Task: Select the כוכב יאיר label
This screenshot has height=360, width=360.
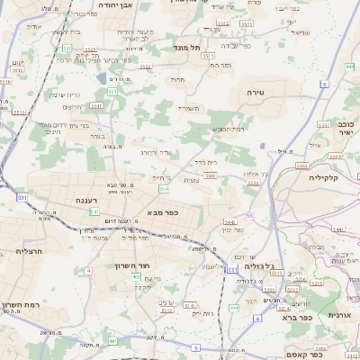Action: click(x=346, y=126)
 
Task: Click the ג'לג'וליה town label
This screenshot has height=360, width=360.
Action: click(x=264, y=266)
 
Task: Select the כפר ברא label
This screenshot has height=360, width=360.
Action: click(x=296, y=317)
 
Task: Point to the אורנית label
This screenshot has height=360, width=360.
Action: click(x=338, y=314)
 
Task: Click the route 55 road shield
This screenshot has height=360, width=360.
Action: click(x=248, y=216)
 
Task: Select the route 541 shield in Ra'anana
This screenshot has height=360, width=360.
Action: click(x=94, y=211)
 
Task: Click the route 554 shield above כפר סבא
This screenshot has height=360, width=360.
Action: click(x=163, y=190)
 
